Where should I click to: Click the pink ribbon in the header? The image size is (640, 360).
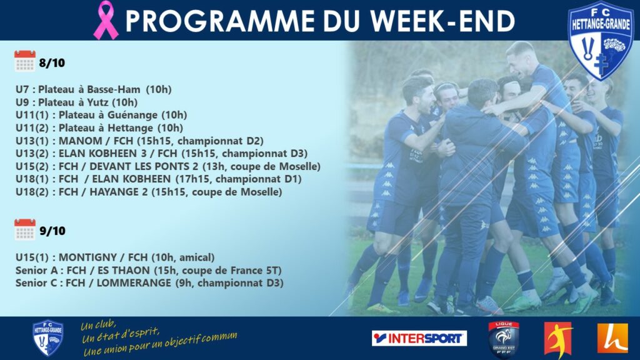[x=106, y=21]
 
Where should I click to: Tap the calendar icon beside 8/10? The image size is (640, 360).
[x=25, y=61]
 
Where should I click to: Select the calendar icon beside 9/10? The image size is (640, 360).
[x=25, y=229]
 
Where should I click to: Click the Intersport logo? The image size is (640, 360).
[x=419, y=338]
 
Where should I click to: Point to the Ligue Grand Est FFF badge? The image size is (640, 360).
[x=504, y=339]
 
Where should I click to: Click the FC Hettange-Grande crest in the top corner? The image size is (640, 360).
[x=601, y=40]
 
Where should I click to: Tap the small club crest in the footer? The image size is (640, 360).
[x=47, y=338]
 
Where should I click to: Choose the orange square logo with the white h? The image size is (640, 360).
[x=612, y=338]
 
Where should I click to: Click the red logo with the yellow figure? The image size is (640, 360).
[x=558, y=339]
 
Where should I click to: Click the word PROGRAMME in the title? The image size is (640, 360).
[x=220, y=21]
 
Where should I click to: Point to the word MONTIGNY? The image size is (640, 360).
[x=87, y=257]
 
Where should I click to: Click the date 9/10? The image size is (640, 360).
[x=52, y=231]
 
